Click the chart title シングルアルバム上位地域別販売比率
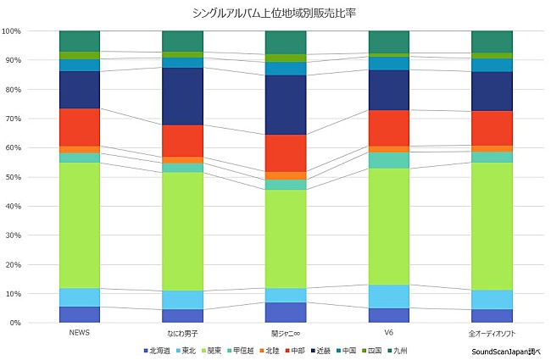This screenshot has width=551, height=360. click(275, 12)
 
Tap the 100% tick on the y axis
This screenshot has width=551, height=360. click(12, 31)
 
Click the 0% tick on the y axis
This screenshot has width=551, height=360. click(14, 324)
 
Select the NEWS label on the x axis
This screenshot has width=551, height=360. click(80, 333)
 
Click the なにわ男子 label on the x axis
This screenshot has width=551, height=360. click(182, 333)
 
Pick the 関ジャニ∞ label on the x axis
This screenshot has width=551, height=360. click(286, 333)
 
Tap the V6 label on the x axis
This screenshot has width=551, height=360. click(388, 333)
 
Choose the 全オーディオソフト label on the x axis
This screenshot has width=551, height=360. click(492, 333)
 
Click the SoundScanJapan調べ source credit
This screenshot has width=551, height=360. click(506, 350)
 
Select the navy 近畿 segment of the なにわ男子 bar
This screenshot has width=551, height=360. click(182, 97)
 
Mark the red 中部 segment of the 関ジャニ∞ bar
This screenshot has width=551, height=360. click(286, 152)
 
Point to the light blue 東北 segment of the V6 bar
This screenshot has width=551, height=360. click(388, 296)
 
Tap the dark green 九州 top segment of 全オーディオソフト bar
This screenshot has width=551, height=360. click(492, 42)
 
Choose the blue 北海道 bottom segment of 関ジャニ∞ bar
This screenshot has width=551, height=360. click(286, 313)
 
